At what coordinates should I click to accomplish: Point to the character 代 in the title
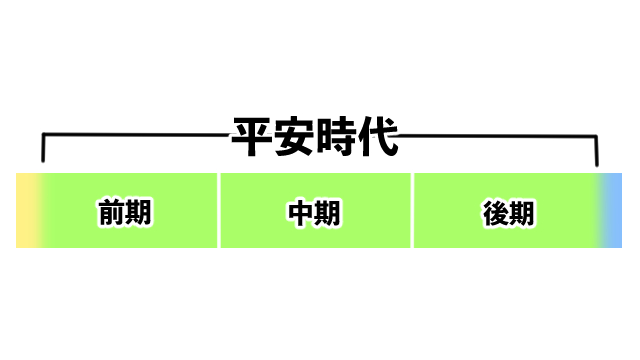(379, 138)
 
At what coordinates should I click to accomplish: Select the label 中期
(315, 213)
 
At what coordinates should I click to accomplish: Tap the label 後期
(507, 213)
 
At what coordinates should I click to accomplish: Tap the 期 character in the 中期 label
(331, 213)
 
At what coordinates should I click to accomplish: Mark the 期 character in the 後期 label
(523, 213)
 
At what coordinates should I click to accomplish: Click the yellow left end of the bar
(25, 210)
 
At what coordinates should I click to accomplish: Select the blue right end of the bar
(613, 210)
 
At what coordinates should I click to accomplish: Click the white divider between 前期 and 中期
(219, 210)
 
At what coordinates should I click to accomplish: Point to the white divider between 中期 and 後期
(412, 210)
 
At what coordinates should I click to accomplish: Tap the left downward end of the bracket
(43, 152)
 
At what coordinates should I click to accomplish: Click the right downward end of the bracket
(596, 152)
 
